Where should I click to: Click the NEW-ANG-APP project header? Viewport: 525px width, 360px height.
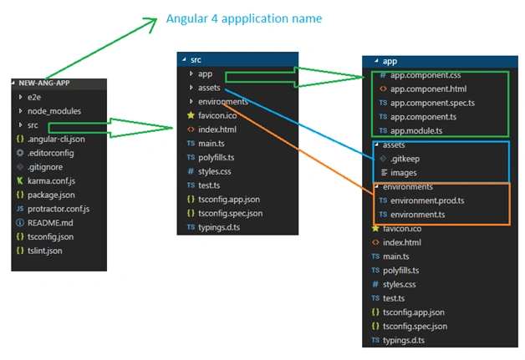tap(44, 83)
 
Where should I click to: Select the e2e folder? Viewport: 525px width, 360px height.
tap(34, 98)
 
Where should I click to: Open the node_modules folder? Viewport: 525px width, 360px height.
tap(54, 111)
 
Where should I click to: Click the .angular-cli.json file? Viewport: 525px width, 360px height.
tap(56, 139)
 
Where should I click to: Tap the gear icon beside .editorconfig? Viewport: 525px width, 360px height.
tap(20, 153)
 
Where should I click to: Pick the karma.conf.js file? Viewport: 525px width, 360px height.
tap(51, 181)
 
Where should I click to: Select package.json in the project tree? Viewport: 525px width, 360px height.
tap(51, 195)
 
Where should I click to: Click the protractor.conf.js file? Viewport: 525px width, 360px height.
tap(59, 209)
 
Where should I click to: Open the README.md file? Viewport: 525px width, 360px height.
tap(50, 223)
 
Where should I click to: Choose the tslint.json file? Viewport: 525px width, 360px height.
tap(45, 251)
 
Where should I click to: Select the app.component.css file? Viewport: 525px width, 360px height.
tap(426, 75)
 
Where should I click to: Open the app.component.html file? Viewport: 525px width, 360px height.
tap(429, 89)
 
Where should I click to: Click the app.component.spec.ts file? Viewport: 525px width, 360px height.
tap(432, 103)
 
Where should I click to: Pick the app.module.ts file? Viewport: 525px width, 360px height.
tap(416, 131)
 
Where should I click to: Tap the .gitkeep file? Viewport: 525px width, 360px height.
tap(405, 159)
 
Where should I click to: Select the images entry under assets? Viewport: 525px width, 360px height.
tap(404, 173)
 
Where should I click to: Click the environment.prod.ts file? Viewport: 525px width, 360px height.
tap(427, 200)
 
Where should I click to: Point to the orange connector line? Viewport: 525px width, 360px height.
tap(298, 149)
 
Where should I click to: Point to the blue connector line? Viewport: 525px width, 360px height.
tap(299, 124)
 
